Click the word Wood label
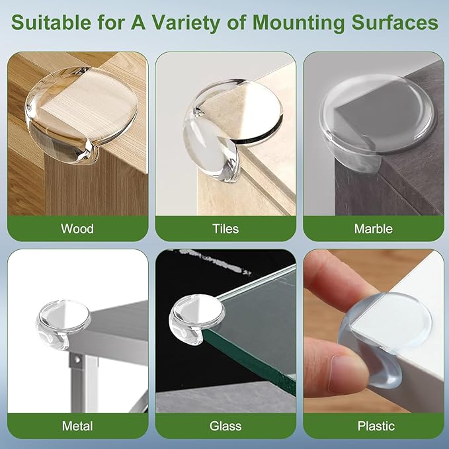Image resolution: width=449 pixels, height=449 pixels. [77, 229]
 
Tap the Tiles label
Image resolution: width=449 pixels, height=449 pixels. [225, 229]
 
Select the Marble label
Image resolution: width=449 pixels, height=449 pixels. [374, 229]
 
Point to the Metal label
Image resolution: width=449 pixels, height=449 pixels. [77, 426]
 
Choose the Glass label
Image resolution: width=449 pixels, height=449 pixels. [225, 426]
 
